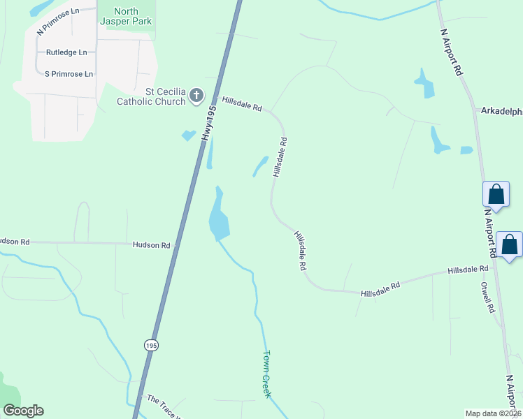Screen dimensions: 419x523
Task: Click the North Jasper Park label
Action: click(127, 16)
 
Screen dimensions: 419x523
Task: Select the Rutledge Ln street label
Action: click(66, 52)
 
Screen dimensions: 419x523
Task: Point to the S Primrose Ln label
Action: click(69, 73)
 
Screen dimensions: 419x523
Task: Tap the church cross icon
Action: click(196, 96)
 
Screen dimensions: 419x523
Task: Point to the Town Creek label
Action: click(266, 374)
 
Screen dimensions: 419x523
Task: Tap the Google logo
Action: click(23, 411)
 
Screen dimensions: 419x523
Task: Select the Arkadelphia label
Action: click(501, 110)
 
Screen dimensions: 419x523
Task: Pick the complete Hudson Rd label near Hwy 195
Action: click(152, 245)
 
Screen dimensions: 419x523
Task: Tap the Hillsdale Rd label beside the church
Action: click(241, 104)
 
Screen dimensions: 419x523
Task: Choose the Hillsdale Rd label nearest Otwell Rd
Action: click(468, 269)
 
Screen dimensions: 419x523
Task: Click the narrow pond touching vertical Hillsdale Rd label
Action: click(261, 166)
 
